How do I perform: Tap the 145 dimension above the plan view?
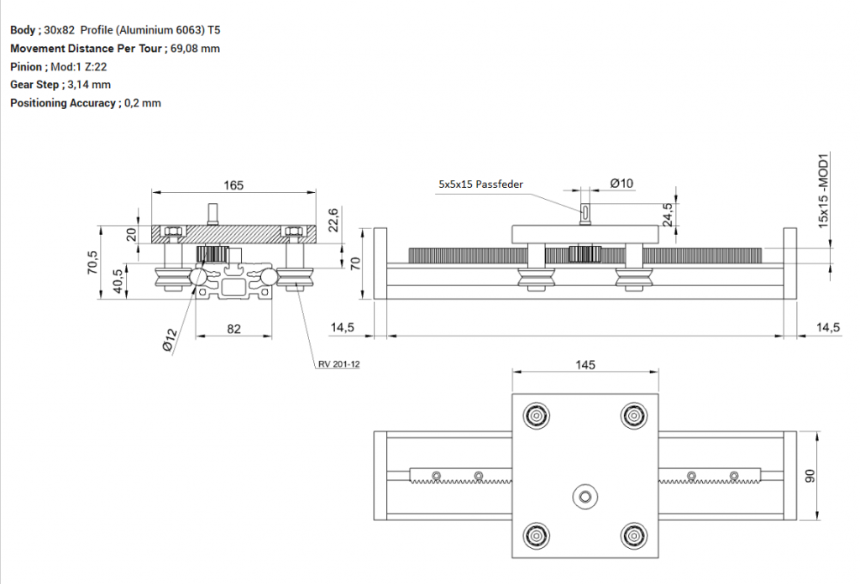(585, 364)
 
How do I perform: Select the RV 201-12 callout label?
(338, 364)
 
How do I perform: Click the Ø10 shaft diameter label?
(621, 183)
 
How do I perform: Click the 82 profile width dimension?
(233, 329)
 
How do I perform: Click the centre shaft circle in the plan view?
(585, 498)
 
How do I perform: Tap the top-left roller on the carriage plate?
(537, 415)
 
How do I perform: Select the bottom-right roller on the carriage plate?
(633, 534)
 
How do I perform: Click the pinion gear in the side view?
(584, 253)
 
